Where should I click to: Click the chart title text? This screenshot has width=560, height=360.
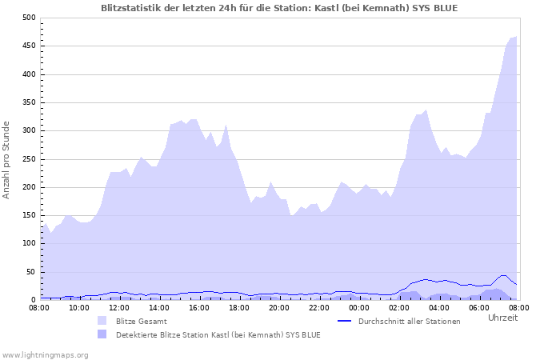point(279,7)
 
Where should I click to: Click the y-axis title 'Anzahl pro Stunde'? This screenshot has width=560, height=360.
point(6,159)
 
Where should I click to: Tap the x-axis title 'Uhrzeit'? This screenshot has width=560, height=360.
point(502,318)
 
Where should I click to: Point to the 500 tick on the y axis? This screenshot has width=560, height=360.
point(29,18)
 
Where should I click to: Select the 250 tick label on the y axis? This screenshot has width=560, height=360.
point(29,159)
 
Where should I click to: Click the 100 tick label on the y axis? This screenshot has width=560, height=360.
point(29,244)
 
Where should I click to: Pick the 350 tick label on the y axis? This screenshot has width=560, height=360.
point(29,102)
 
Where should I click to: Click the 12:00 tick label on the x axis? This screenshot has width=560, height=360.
point(119,307)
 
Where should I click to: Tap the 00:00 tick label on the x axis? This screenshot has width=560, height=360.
point(359,307)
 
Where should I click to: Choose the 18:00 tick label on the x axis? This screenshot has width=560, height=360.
point(239,307)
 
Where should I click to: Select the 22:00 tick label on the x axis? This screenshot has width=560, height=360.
point(319,307)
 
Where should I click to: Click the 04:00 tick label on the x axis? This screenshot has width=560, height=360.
point(439,307)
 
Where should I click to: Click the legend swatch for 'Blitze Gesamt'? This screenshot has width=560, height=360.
point(102,321)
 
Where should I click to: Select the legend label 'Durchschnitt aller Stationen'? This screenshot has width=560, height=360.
point(410,322)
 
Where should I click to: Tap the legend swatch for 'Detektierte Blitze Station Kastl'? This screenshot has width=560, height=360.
point(102,334)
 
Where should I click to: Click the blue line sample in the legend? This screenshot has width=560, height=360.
point(345,321)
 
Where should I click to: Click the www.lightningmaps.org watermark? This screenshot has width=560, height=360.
point(45,354)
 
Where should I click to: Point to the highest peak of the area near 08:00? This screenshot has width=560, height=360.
point(516,37)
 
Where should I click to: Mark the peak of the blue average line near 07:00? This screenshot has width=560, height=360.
point(503,275)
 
